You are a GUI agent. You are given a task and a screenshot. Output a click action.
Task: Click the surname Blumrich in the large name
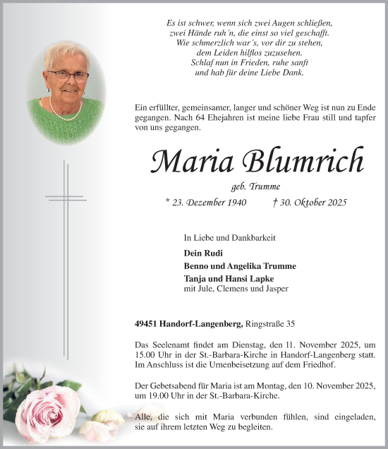point(305,162)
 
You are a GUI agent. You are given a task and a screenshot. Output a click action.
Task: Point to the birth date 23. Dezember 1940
point(205,203)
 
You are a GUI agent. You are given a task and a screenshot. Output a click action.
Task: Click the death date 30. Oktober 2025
point(310,203)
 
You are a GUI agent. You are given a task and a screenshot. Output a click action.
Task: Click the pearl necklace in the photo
point(65,109)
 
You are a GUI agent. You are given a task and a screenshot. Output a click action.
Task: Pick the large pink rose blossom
point(47,409)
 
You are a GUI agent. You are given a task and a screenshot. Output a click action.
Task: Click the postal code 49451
point(149,324)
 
